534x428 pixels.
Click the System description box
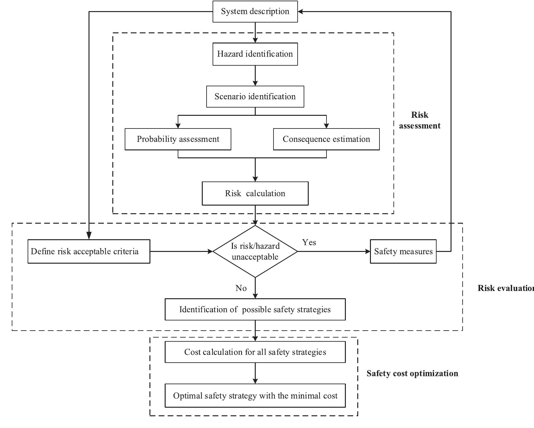[x=255, y=11]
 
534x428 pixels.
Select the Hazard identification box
[x=255, y=54]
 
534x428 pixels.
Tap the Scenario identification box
[x=255, y=96]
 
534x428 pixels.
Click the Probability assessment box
[x=178, y=139]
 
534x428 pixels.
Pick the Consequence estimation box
[x=326, y=139]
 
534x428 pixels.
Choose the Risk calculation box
[x=255, y=193]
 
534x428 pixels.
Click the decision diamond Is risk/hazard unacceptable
[x=255, y=251]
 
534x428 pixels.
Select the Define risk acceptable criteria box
[x=89, y=251]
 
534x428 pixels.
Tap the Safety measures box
[x=403, y=251]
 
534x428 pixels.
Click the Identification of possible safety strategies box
[x=255, y=309]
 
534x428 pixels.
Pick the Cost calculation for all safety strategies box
[x=255, y=352]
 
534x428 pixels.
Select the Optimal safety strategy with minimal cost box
[x=255, y=396]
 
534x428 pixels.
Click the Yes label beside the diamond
[x=309, y=242]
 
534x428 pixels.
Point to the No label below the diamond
[x=241, y=288]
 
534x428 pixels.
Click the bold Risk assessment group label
[x=419, y=120]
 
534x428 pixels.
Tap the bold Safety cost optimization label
[x=412, y=373]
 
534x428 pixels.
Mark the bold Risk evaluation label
[x=505, y=288]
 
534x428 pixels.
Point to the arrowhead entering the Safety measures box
[x=367, y=251]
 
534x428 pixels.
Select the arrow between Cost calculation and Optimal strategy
[x=255, y=374]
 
